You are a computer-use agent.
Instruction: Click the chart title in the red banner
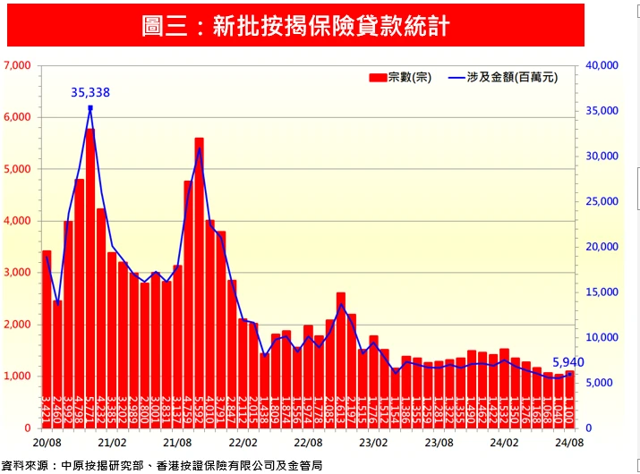(295, 25)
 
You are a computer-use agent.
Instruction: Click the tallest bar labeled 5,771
(90, 277)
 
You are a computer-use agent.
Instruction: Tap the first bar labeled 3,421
(47, 340)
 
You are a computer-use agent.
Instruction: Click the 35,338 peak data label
(90, 92)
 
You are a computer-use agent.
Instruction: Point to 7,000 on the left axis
(17, 65)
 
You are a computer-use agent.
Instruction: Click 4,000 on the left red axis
(17, 221)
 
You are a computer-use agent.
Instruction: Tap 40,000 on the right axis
(602, 65)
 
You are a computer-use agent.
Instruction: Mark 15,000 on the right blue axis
(602, 292)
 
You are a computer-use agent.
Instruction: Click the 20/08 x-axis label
(47, 443)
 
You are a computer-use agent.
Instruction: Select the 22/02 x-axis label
(243, 443)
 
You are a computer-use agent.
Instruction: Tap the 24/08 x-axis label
(569, 443)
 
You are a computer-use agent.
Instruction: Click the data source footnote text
(161, 465)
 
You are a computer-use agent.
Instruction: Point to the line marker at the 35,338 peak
(90, 108)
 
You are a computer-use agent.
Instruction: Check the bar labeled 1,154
(396, 398)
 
